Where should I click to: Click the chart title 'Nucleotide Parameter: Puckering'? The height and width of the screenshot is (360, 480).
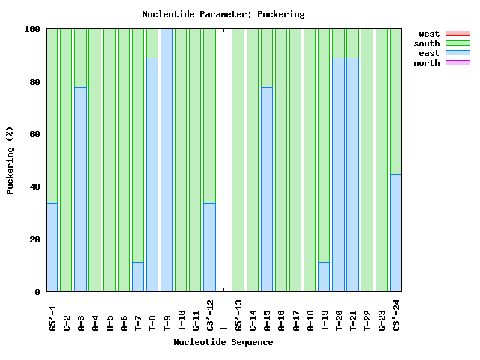(x=223, y=13)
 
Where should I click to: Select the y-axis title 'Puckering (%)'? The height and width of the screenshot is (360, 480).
(x=10, y=160)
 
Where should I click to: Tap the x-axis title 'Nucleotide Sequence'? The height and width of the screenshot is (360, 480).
(x=223, y=342)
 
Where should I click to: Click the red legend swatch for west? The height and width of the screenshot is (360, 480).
(x=457, y=34)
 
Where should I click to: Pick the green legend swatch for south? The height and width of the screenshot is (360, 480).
(x=457, y=43)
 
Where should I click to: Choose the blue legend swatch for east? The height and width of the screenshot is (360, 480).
(x=457, y=53)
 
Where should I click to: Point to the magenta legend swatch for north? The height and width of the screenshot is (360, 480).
(x=457, y=63)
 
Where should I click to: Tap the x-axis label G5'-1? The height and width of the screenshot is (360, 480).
(x=52, y=317)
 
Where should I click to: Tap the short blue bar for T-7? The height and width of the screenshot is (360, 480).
(x=138, y=277)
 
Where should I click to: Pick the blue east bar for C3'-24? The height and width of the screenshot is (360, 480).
(x=396, y=232)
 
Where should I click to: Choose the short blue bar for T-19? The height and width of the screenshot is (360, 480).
(x=324, y=277)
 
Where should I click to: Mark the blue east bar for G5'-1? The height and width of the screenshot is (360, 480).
(x=52, y=247)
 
